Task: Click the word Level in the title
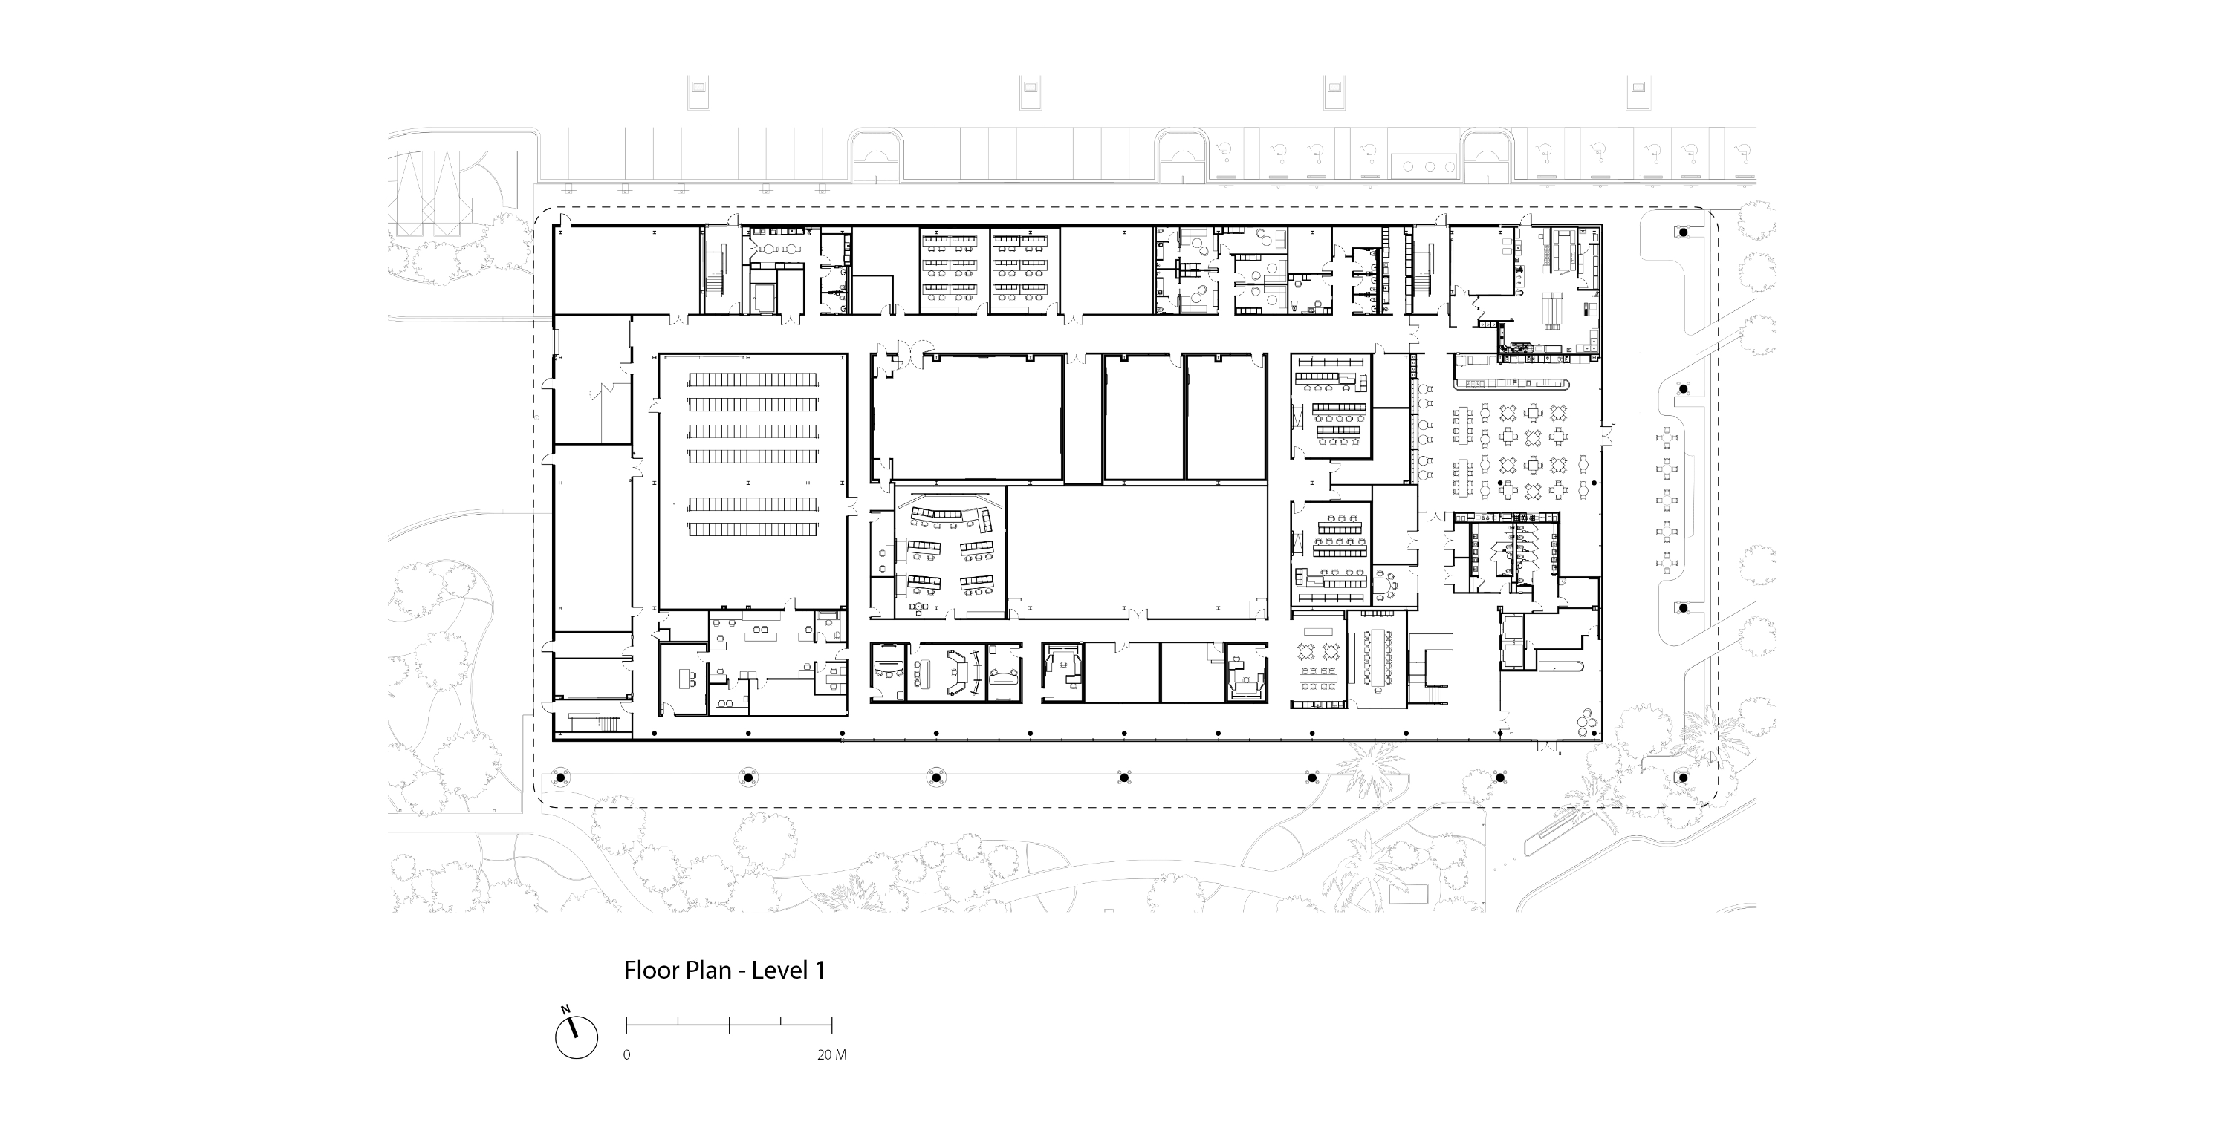tap(775, 970)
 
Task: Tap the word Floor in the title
tap(652, 970)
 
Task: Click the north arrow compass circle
tap(577, 1037)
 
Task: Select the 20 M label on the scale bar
tap(831, 1055)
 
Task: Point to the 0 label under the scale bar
tap(626, 1055)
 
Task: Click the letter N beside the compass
tap(565, 1008)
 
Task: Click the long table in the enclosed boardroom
tap(1377, 659)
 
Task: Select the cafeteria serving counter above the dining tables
tap(1513, 383)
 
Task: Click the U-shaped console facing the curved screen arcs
tap(955, 673)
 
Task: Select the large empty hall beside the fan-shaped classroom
tap(1138, 551)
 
